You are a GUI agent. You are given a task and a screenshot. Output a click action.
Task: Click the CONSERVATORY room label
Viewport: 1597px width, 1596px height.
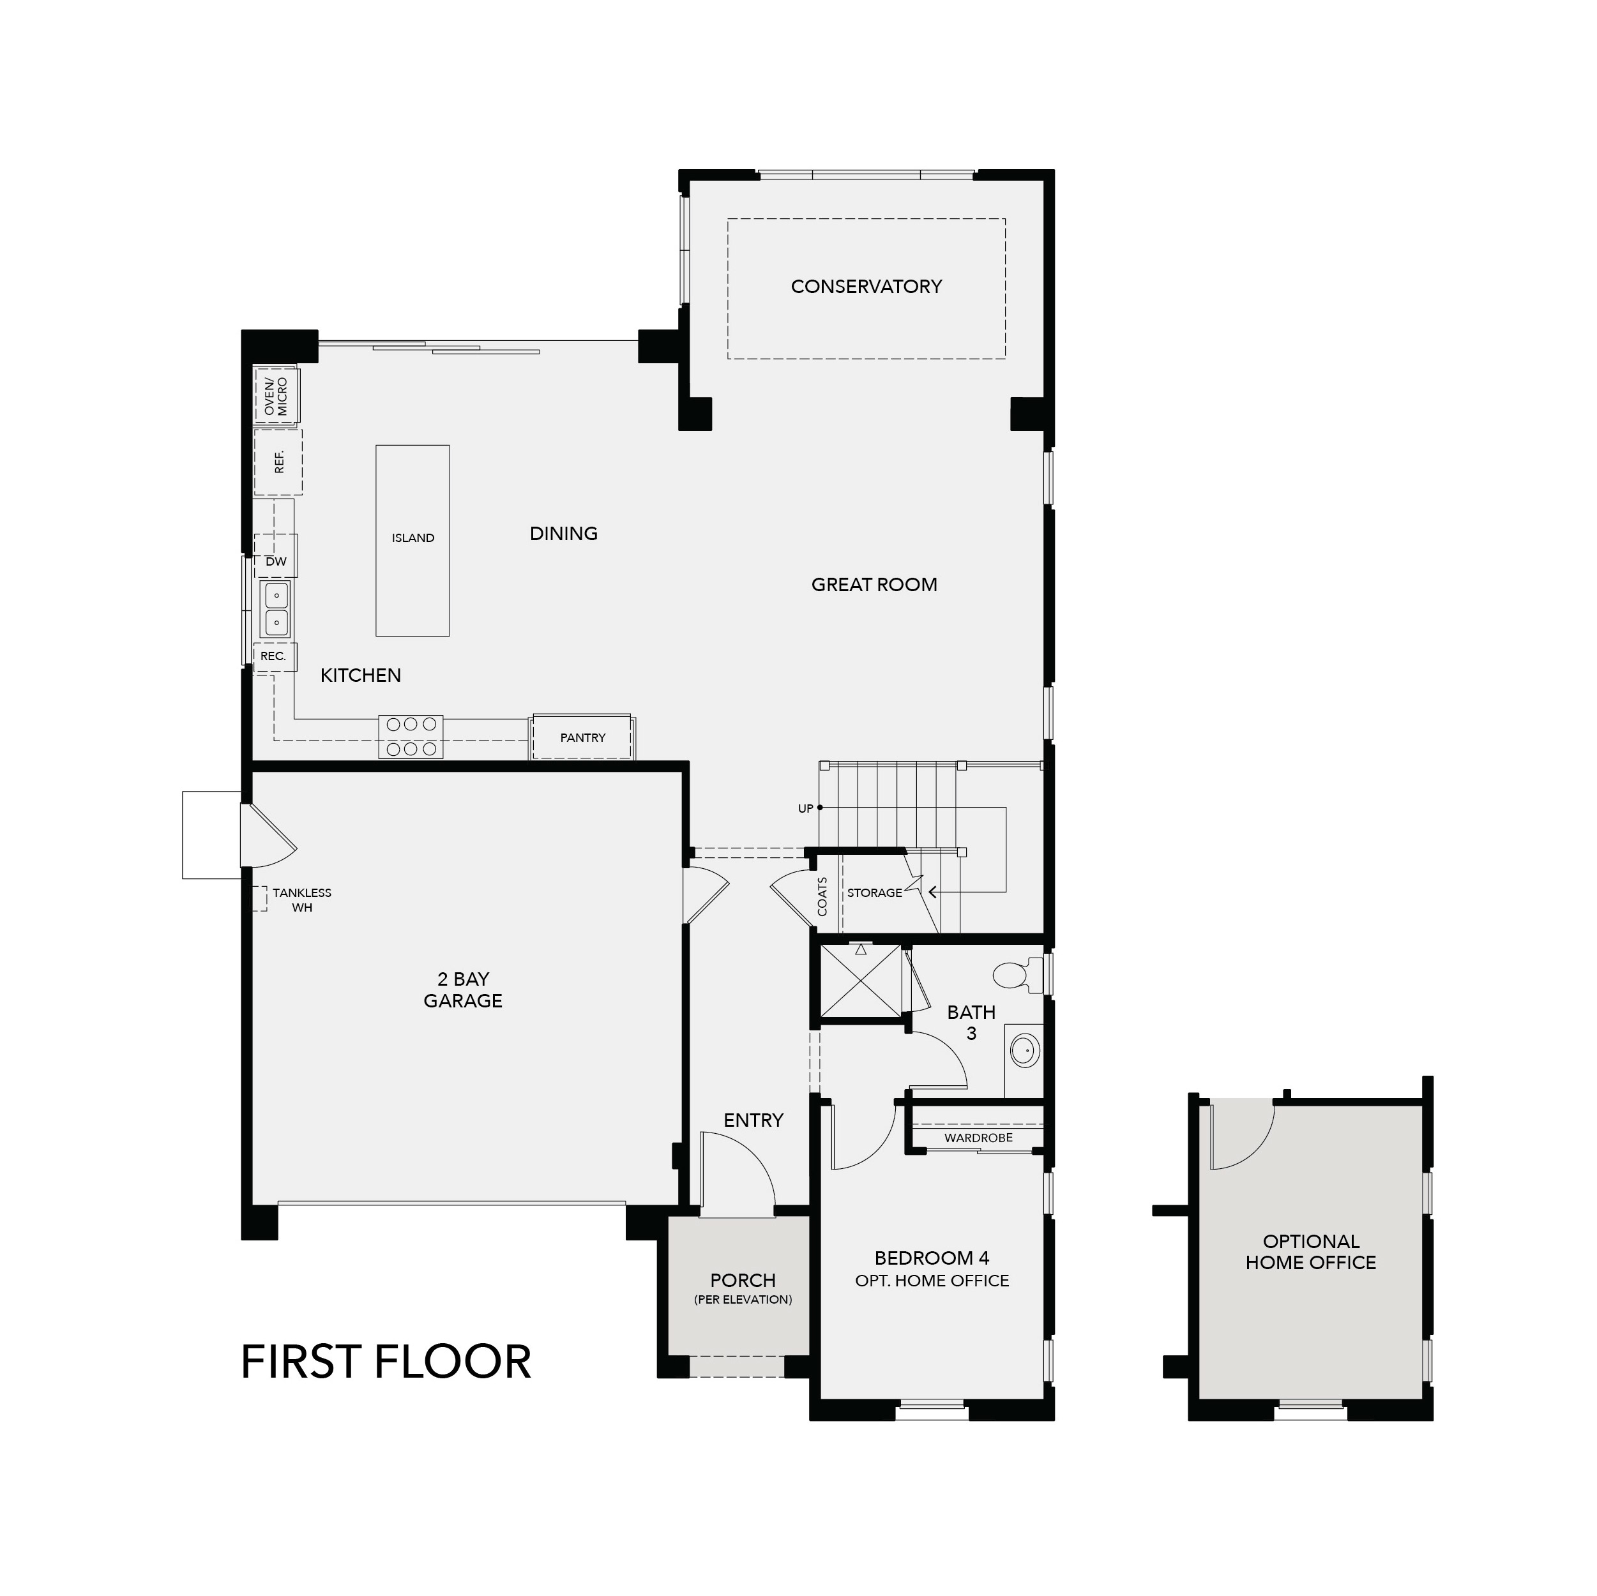[865, 287]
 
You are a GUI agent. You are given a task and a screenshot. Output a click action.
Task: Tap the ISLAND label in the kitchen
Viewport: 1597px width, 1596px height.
[412, 538]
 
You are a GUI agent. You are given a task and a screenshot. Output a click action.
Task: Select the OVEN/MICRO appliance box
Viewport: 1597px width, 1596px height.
[276, 396]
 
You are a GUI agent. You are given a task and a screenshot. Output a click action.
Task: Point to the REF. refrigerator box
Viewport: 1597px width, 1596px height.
[278, 462]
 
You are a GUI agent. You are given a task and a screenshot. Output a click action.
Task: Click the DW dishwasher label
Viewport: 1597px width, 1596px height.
[276, 562]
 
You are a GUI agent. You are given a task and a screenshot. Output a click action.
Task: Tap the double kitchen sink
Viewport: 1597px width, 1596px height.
[276, 608]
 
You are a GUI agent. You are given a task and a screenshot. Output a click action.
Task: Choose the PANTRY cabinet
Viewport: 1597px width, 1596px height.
[583, 737]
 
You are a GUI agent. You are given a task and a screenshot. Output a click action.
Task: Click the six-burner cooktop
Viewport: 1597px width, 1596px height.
[411, 737]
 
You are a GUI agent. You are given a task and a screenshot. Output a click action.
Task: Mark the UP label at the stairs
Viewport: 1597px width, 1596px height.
[805, 808]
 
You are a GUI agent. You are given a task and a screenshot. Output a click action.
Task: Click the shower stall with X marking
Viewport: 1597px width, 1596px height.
[861, 981]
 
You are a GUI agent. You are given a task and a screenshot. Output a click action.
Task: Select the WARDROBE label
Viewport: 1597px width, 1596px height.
[978, 1138]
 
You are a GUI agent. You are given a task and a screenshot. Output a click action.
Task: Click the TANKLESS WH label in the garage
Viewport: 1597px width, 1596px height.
[301, 900]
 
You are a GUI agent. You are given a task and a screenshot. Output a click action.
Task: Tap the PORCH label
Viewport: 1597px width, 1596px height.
[742, 1280]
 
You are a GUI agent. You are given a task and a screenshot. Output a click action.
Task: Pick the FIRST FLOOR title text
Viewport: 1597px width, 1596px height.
[386, 1362]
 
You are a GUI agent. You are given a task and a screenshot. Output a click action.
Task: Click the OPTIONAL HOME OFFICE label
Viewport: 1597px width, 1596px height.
[1310, 1251]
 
